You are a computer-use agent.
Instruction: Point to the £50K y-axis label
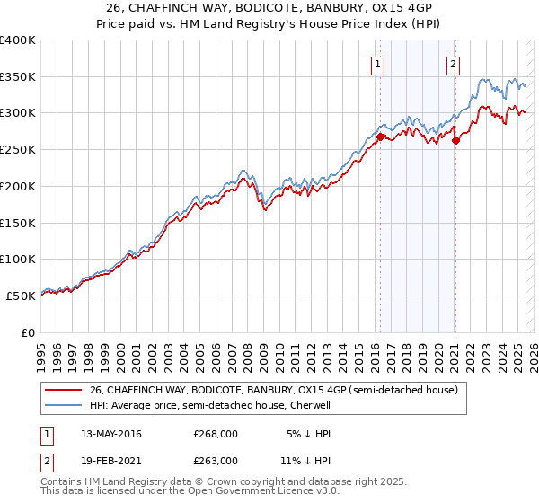(x=20, y=296)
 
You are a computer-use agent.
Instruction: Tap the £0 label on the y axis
(x=29, y=332)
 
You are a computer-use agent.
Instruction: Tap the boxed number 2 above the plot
(x=454, y=64)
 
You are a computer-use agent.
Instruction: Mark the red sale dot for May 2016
(x=380, y=137)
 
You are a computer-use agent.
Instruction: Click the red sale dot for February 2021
(x=455, y=140)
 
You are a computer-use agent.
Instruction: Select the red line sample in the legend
(x=65, y=390)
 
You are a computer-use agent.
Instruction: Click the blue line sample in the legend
(x=65, y=405)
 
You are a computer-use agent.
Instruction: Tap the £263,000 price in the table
(x=216, y=460)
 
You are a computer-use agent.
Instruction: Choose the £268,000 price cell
(x=216, y=434)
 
